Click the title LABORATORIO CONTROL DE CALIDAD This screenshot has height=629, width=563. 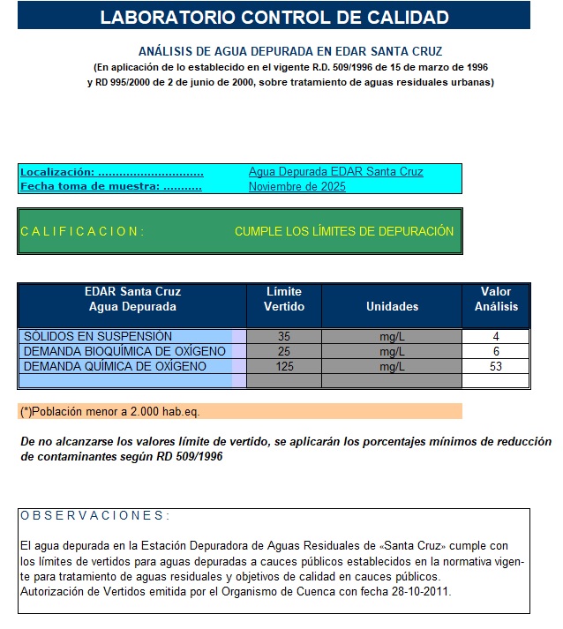[274, 17]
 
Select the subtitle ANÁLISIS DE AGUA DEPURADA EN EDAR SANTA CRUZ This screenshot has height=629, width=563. [290, 51]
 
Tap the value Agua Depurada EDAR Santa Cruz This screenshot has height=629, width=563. [335, 172]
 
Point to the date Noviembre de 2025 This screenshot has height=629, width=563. [297, 187]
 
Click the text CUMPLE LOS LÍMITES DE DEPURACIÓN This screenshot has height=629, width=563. [344, 231]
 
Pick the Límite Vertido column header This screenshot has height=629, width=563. [284, 299]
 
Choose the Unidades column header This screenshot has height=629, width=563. [392, 306]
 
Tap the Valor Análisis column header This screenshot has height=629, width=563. [496, 299]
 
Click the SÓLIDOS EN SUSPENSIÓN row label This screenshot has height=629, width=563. [98, 336]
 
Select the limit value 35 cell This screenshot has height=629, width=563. [284, 336]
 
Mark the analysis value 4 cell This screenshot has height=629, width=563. [496, 336]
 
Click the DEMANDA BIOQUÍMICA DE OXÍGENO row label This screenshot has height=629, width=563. [124, 351]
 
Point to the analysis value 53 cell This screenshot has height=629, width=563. [496, 366]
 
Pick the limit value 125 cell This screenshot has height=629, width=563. [284, 366]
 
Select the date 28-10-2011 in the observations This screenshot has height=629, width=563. [420, 592]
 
